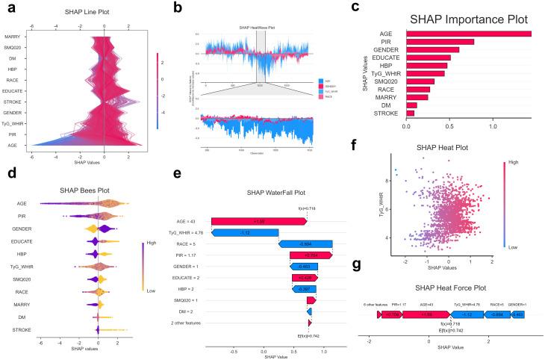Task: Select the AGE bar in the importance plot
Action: [x=467, y=34]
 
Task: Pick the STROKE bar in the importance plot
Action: [x=409, y=113]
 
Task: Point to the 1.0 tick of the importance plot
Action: [x=493, y=127]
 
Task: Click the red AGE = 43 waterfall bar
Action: [x=259, y=221]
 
